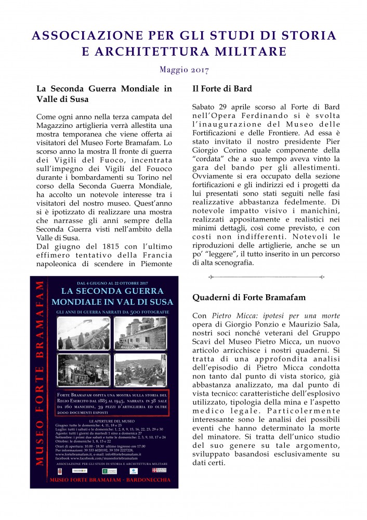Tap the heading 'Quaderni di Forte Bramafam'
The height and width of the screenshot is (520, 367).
pyautogui.click(x=248, y=297)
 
